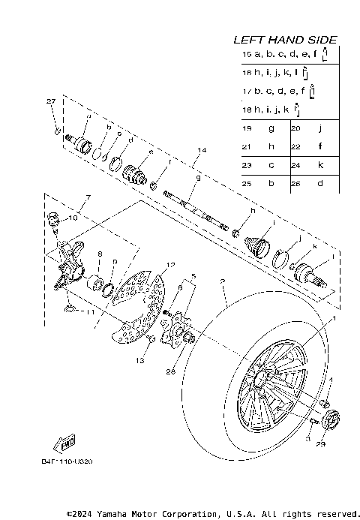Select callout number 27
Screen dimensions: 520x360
tap(51, 101)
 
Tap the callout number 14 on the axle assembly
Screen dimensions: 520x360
tap(200, 150)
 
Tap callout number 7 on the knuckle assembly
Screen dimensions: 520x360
tap(87, 197)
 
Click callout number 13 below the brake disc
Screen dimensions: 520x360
tap(139, 361)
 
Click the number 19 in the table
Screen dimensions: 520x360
tap(247, 128)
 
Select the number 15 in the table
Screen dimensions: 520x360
tap(247, 55)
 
